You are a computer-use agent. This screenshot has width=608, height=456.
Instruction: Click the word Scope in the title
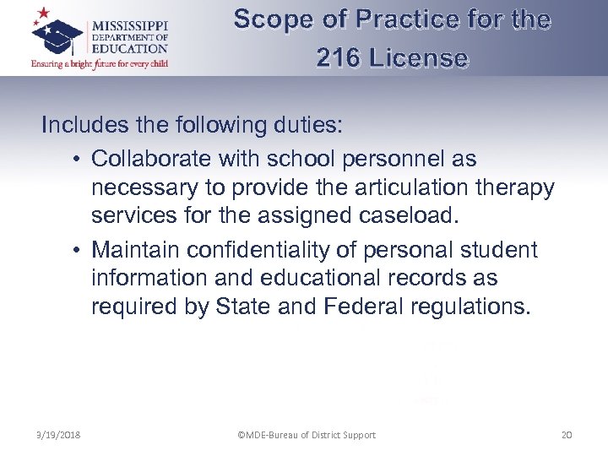click(271, 19)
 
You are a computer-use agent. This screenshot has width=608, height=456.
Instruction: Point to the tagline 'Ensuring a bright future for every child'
click(100, 63)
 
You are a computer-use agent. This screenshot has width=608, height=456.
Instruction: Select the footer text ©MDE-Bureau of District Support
click(307, 435)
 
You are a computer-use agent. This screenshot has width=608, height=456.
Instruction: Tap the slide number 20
click(567, 435)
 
